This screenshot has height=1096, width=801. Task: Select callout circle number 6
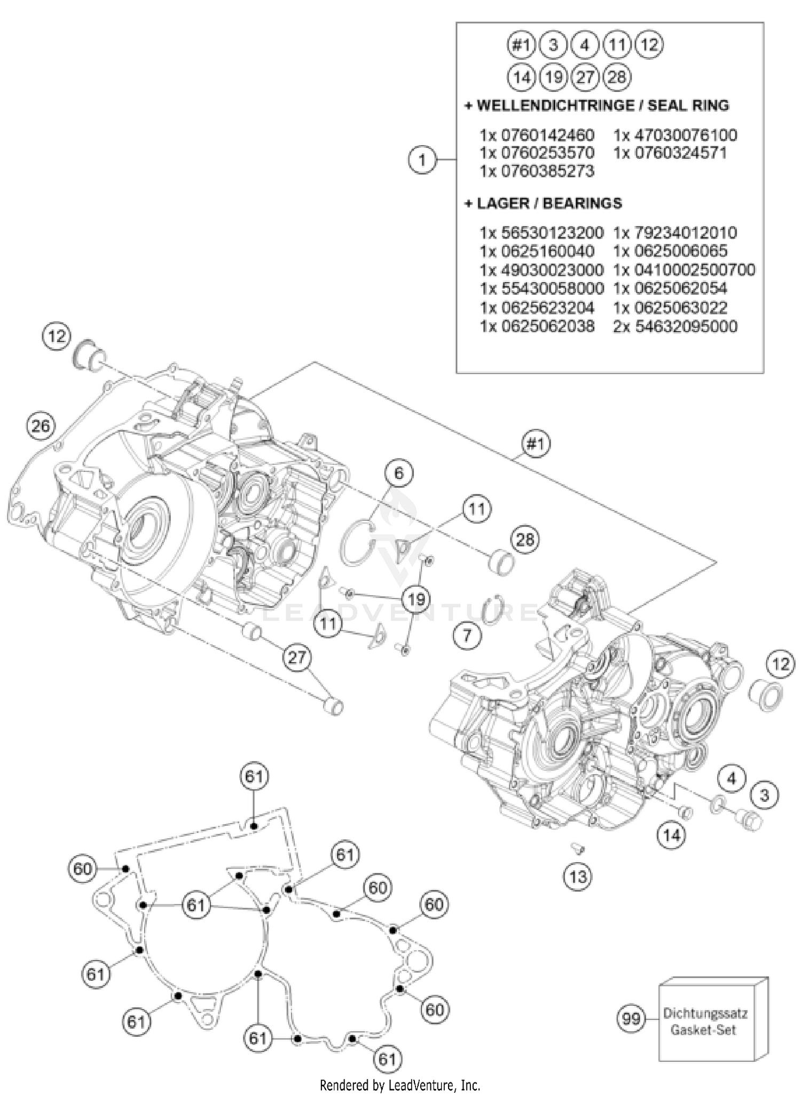[399, 474]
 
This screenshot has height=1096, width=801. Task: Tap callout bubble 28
[525, 540]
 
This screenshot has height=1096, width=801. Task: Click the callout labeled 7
[467, 636]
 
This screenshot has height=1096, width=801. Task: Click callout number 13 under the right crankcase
[578, 876]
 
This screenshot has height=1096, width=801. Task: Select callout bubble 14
[671, 835]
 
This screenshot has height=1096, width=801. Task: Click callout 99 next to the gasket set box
[631, 1019]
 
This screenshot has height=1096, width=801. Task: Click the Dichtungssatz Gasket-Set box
[705, 1021]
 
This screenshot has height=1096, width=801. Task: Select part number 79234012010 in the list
[675, 233]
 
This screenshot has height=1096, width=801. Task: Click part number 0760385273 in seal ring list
[537, 171]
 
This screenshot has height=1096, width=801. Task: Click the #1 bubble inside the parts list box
[521, 45]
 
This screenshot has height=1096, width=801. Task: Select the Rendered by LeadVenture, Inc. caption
[400, 1085]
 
